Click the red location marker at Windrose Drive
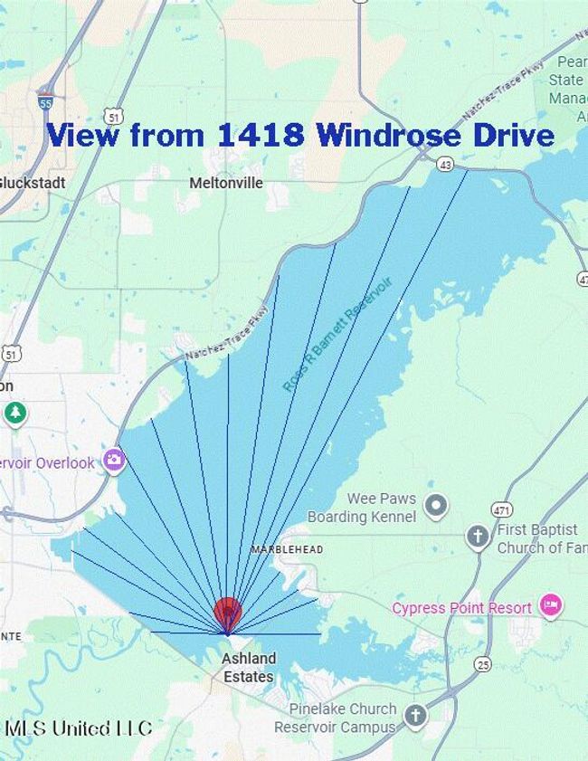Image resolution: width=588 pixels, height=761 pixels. pos(227,613)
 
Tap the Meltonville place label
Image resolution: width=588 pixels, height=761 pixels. pos(226,183)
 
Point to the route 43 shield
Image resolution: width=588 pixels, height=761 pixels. pos(444,164)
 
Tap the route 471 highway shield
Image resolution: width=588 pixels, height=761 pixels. pos(502,509)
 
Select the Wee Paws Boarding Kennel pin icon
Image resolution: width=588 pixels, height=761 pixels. pos(436,504)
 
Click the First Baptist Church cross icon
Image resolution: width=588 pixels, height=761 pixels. pos(478,537)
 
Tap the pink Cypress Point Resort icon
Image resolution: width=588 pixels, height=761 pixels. pos(550,604)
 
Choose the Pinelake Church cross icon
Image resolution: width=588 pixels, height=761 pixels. pos(415,717)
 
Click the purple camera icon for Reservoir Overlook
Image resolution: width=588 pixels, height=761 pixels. pos(113,461)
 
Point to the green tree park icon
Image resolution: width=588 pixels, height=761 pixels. pos(14,414)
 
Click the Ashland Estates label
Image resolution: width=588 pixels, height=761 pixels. pos(249,667)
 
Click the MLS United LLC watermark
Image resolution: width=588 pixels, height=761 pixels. pos(78,728)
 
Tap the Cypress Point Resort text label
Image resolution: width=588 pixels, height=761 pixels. pos(461,608)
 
